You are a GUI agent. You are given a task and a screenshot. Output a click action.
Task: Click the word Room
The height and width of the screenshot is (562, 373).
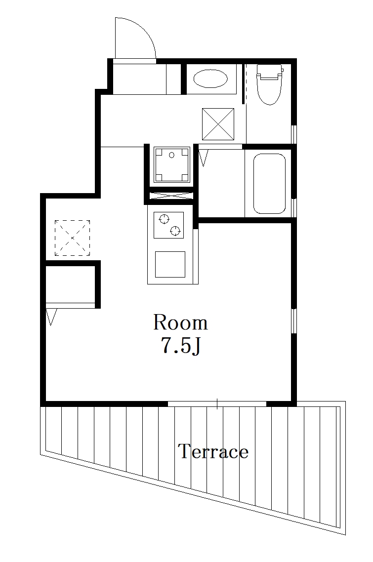coord(180,322)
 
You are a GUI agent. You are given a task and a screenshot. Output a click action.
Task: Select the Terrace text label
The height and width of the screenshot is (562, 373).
coord(213,451)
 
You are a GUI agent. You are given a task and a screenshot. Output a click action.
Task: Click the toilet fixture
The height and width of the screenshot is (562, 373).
coord(269,84)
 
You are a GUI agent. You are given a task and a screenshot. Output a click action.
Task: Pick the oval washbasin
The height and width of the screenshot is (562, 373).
coord(210,79)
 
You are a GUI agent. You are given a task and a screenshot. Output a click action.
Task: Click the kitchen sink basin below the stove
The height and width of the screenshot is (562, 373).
coord(170,264)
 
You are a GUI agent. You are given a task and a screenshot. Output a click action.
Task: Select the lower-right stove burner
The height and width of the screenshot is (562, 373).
coord(175,230)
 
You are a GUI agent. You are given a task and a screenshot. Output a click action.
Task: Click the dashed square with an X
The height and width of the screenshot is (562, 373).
coord(73,238)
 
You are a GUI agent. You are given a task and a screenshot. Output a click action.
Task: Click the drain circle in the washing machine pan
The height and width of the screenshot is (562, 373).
coord(172,155)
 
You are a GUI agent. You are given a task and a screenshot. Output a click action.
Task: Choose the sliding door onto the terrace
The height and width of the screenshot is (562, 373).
coord(217,403)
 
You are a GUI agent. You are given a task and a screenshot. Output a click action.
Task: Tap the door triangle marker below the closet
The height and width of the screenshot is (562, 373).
coord(51,317)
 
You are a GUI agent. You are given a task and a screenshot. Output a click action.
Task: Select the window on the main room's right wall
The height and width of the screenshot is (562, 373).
coord(293,321)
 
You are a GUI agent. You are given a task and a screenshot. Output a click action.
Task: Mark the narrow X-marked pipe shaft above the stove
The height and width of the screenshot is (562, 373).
coord(170,195)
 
